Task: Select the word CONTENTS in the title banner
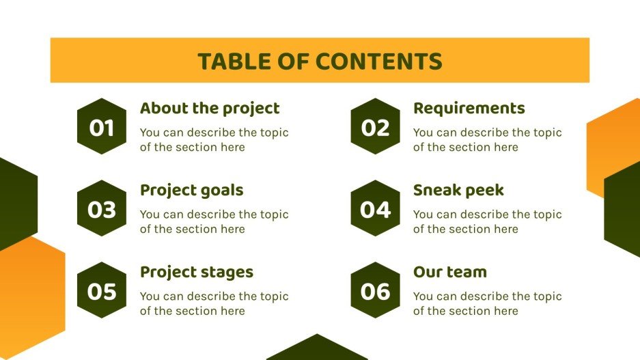click(x=379, y=61)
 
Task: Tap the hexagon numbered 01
click(x=102, y=126)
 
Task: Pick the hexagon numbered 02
click(x=375, y=126)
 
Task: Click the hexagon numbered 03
click(x=102, y=208)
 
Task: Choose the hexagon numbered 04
click(x=375, y=208)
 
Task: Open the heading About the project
click(x=210, y=108)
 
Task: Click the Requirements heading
click(x=469, y=108)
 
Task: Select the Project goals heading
click(x=191, y=190)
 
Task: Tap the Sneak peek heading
click(x=458, y=190)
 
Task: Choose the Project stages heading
click(x=197, y=272)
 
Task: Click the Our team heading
click(x=449, y=272)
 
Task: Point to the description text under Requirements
click(x=487, y=139)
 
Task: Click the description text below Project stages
click(x=214, y=303)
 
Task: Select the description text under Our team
click(x=487, y=303)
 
